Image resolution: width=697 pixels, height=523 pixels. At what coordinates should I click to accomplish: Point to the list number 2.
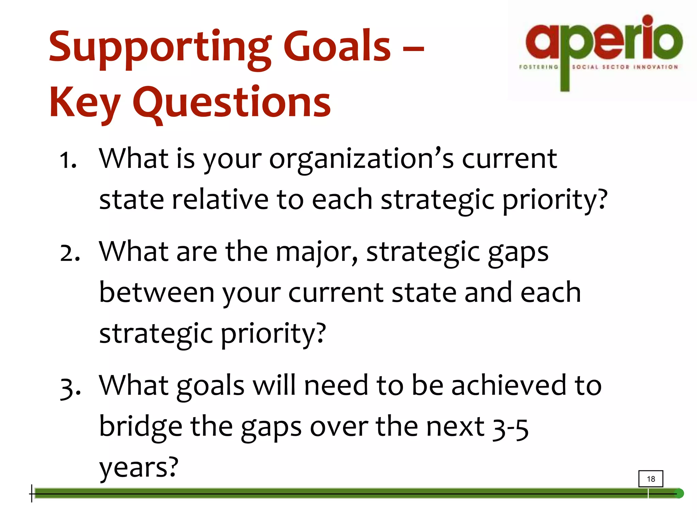point(70,253)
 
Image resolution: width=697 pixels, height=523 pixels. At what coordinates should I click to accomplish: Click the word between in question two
point(157,293)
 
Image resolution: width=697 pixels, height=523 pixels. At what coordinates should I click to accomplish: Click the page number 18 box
point(650,479)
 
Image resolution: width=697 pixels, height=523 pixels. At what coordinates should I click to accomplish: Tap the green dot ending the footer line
point(679,493)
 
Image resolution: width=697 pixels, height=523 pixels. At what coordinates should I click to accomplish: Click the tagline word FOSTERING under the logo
point(538,67)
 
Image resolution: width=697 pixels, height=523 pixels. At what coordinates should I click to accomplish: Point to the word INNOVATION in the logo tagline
point(655,67)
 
